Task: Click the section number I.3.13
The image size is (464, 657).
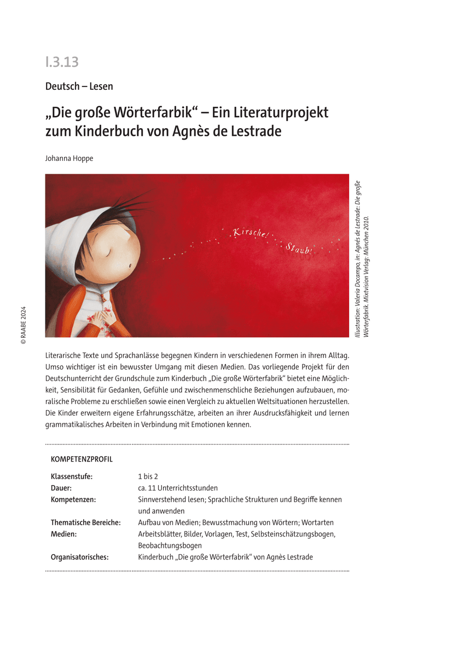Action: point(62,62)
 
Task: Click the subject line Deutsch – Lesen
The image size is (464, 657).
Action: point(79,86)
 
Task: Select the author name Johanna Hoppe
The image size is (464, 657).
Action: point(69,159)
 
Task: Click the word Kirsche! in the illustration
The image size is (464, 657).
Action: point(251,233)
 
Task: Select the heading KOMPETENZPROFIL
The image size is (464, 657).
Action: point(82,459)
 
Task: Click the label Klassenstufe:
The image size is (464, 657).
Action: point(72,476)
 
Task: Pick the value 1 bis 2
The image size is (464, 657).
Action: point(148,476)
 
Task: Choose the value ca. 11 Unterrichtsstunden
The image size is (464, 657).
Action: point(178,488)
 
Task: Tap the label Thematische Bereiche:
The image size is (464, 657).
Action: point(85,522)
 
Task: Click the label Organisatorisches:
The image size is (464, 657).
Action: point(79,557)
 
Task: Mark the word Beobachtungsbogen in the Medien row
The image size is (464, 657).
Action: point(170,545)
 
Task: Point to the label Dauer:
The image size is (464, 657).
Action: point(61,488)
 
